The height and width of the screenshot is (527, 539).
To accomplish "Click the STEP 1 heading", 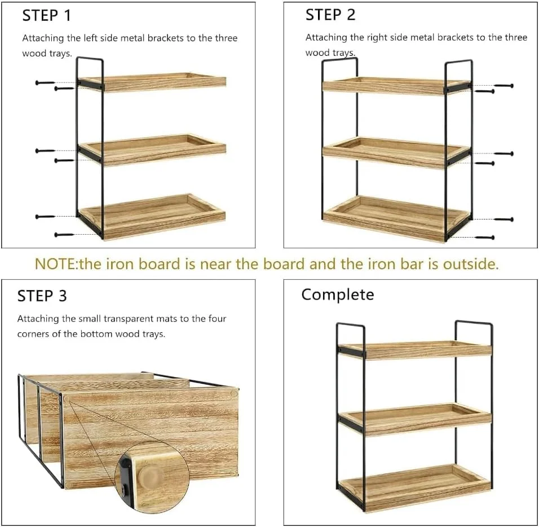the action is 46,16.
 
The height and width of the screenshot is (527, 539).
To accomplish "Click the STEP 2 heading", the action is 330,15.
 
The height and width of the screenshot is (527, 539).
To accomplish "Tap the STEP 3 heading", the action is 42,296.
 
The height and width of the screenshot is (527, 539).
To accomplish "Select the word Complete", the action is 338,295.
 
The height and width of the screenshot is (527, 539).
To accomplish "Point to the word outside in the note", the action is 471,264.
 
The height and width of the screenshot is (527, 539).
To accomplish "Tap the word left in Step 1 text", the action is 90,38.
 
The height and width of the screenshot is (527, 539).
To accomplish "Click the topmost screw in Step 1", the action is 45,82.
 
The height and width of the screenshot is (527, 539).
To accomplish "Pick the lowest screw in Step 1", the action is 64,235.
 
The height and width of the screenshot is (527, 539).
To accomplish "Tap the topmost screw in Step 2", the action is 503,86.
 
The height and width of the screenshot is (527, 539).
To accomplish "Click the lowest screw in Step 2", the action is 485,238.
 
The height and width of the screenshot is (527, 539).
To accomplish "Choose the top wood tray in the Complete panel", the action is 415,350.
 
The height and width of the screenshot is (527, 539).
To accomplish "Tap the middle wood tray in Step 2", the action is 396,152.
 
